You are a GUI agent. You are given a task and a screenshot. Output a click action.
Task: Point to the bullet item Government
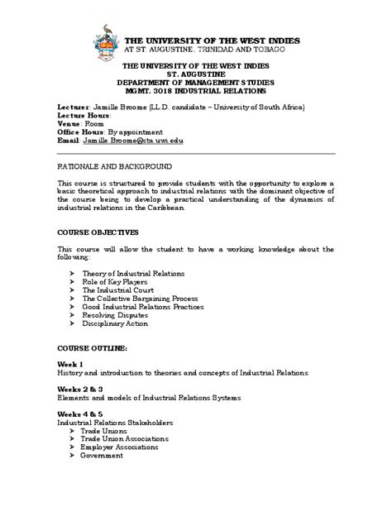tap(103, 455)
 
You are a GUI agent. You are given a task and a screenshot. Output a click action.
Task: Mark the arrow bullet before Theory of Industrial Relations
tap(73, 273)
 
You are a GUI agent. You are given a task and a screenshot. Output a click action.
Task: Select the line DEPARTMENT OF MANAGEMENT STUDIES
tap(194, 81)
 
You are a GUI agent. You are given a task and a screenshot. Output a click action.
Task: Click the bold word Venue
tap(69, 123)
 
